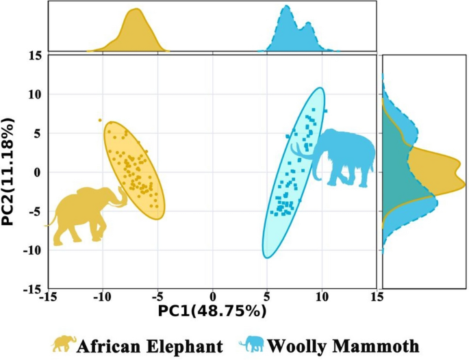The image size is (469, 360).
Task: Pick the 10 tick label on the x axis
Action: click(322, 297)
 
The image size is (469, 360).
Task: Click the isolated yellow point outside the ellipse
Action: click(100, 120)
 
